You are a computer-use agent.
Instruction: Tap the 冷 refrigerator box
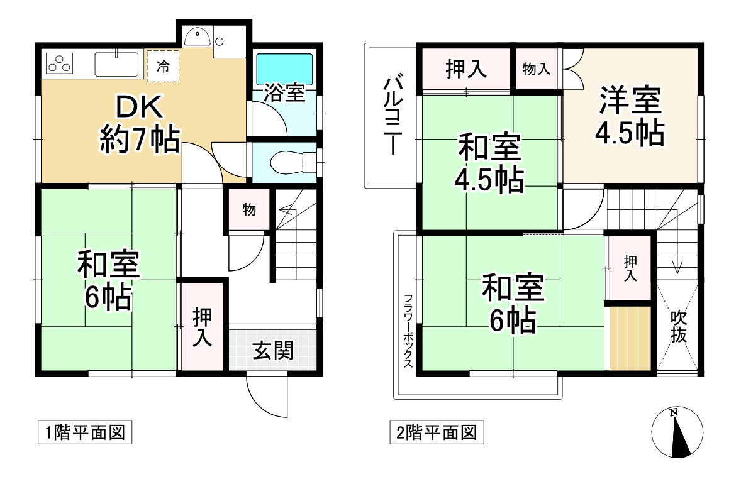click(x=163, y=67)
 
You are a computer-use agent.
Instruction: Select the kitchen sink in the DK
click(x=116, y=64)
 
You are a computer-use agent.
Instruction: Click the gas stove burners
click(x=60, y=63)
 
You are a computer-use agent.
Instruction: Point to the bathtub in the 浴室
click(x=284, y=67)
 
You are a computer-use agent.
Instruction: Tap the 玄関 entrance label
click(x=273, y=351)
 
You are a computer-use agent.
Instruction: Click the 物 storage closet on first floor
click(x=249, y=210)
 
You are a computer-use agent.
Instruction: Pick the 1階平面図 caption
click(x=84, y=433)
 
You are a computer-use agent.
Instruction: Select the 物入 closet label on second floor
click(x=536, y=69)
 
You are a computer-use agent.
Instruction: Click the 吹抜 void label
click(x=677, y=326)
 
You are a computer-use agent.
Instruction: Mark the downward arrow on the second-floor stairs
click(x=677, y=265)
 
